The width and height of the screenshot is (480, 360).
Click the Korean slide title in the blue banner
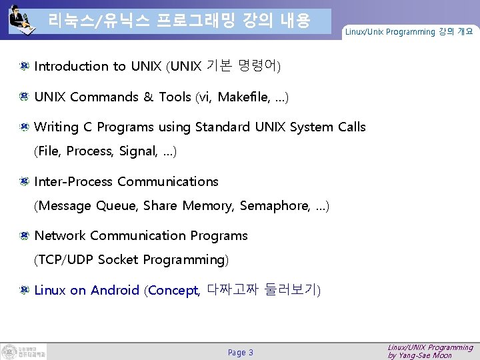(179, 21)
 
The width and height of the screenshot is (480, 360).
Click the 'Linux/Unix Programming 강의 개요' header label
(409, 32)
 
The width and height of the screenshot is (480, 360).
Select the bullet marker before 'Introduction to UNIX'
(23, 66)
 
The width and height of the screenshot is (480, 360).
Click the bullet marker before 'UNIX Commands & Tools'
(23, 97)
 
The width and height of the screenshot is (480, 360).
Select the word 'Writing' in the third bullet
(56, 127)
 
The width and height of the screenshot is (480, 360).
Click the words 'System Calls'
(328, 127)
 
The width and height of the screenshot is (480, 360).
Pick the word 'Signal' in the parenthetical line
(137, 151)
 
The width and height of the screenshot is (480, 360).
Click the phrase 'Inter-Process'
(74, 181)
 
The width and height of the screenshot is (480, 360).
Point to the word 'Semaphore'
(274, 206)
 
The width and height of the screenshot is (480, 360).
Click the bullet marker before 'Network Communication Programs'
(23, 235)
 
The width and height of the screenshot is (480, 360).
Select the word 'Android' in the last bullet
(115, 290)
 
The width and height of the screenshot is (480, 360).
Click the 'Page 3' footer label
(240, 352)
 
